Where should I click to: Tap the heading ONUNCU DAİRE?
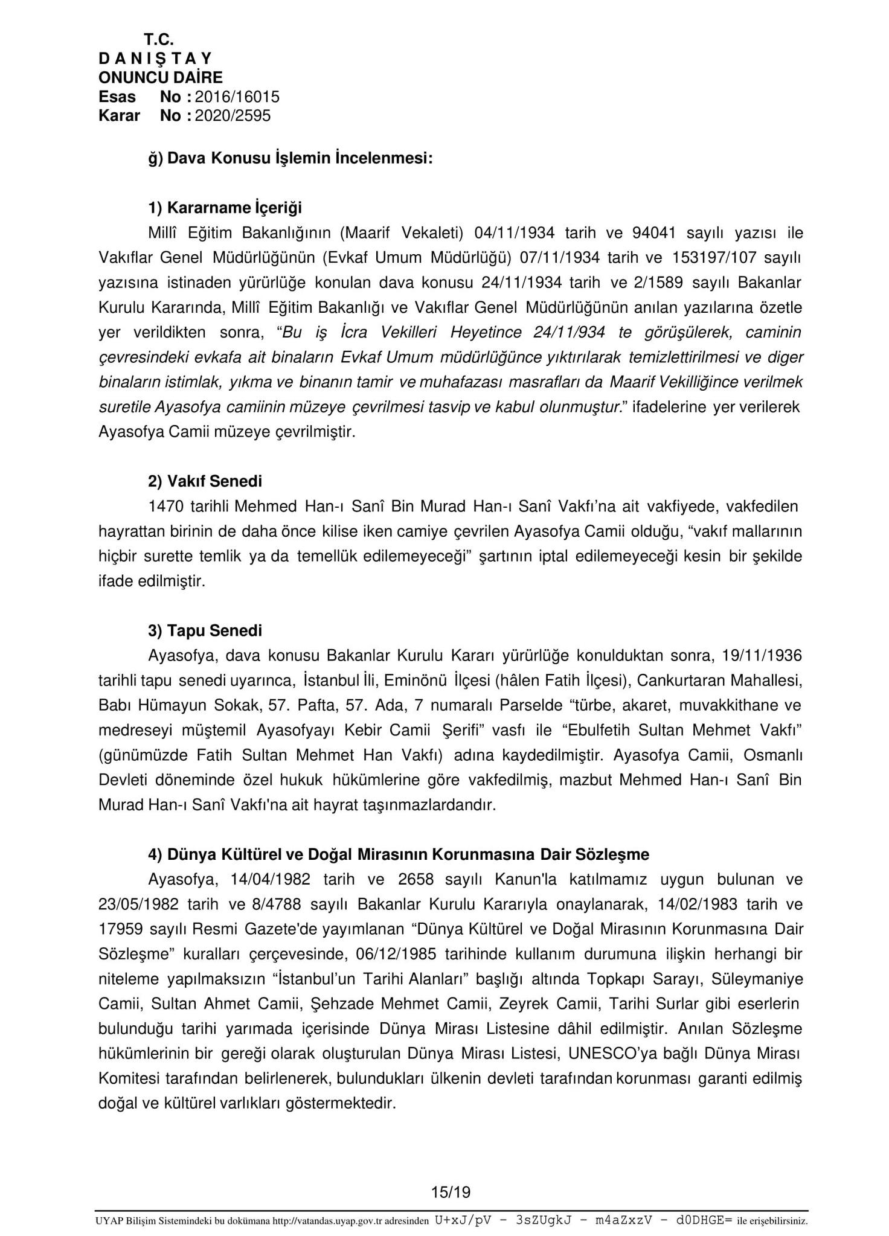pyautogui.click(x=161, y=77)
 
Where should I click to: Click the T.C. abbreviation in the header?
pyautogui.click(x=159, y=40)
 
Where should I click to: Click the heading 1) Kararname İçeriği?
pyautogui.click(x=225, y=208)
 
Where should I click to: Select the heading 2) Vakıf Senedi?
pyautogui.click(x=205, y=482)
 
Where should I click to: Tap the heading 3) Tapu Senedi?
pyautogui.click(x=205, y=631)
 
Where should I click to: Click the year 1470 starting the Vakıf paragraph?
pyautogui.click(x=166, y=507)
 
